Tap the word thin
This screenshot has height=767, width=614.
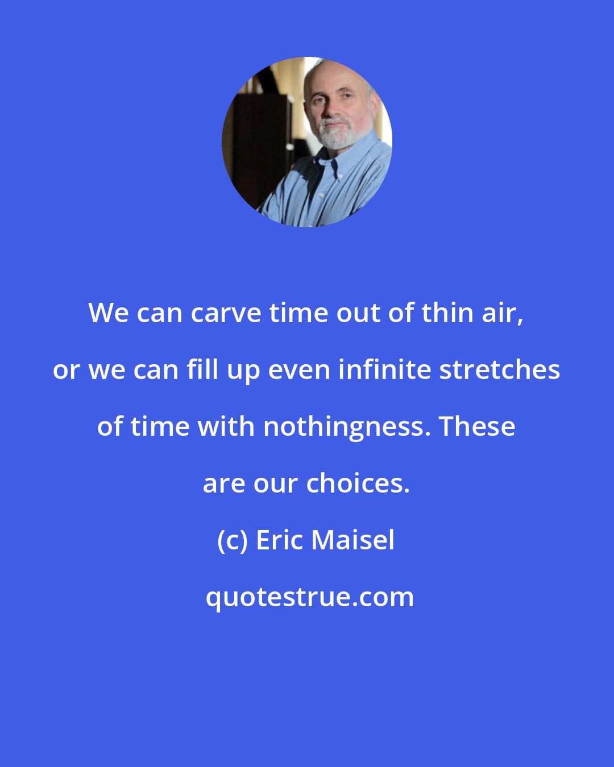point(447,313)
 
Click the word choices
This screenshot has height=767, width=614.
point(358,483)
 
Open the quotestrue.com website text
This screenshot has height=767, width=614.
point(310,597)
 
